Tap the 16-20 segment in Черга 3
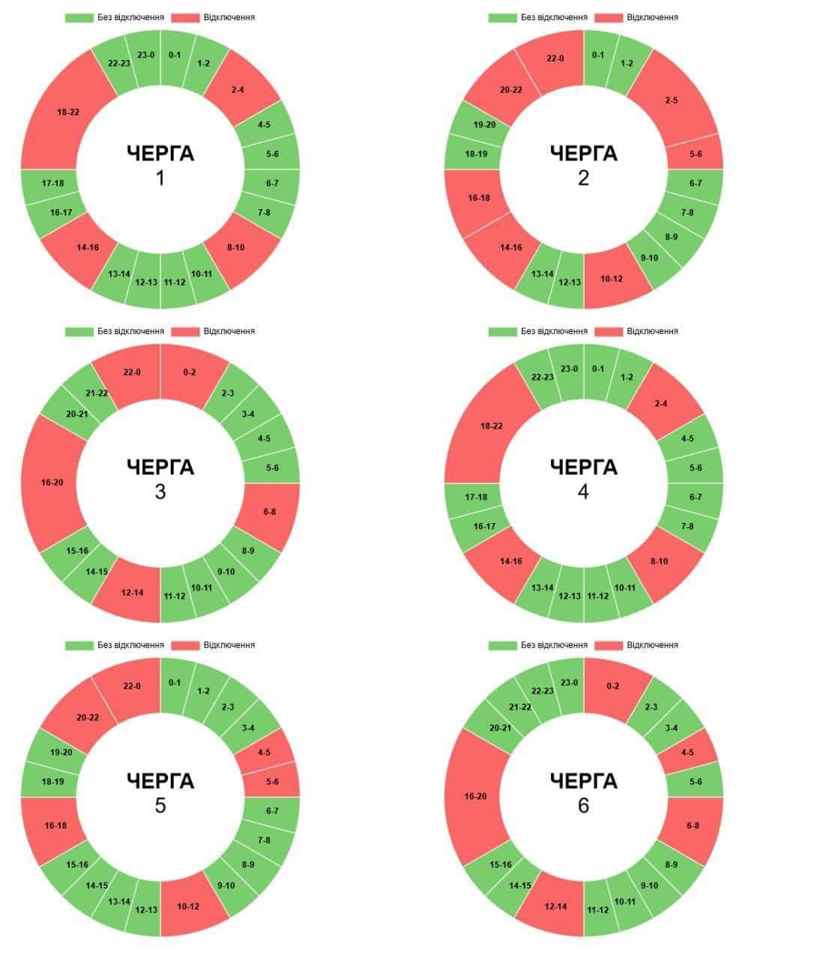52,482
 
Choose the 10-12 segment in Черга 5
188,907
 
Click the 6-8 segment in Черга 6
693,826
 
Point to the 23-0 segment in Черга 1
145,55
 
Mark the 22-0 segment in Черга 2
555,58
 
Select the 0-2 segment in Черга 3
189,372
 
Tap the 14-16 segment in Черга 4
511,561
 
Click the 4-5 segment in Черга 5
264,752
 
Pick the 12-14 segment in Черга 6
555,907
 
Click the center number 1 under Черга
160,179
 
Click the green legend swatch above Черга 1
79,17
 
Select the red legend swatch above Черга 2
608,17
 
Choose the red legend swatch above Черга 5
184,645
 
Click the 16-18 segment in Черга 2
478,198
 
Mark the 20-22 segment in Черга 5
88,717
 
